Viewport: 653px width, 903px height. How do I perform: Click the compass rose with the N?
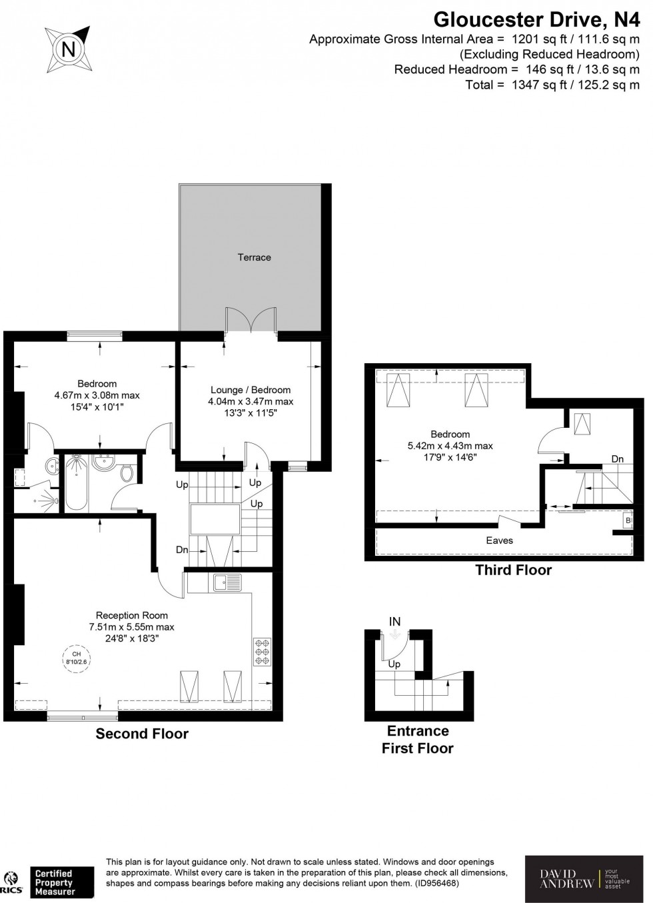tap(67, 48)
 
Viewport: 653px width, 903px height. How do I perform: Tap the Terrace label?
tap(254, 257)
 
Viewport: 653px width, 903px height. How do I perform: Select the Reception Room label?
tap(131, 615)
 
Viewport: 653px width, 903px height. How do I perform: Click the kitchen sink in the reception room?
tap(227, 582)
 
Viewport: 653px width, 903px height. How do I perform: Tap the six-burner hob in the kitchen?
tap(261, 652)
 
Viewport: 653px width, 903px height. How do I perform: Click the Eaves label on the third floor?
tap(499, 540)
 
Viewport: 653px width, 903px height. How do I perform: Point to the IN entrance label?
tap(394, 622)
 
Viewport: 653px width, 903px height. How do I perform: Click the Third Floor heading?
tap(513, 570)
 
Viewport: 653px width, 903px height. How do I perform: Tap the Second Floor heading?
tap(142, 734)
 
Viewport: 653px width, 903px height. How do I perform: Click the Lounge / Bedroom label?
tap(251, 390)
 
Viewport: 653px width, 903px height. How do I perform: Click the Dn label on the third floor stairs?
tap(618, 459)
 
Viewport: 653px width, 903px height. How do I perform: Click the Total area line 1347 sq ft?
tap(552, 85)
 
